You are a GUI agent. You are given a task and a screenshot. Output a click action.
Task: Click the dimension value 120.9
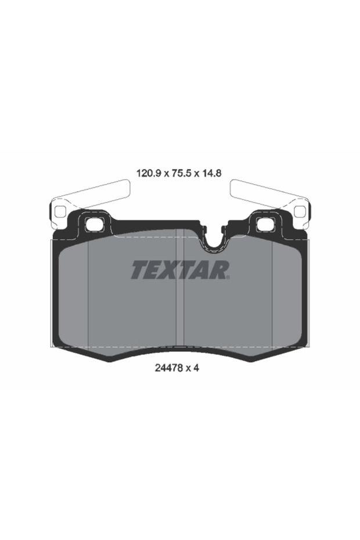coord(148,172)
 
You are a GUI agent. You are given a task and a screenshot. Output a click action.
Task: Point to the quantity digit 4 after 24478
coord(197,368)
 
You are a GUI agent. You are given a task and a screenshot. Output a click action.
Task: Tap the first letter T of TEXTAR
coord(139,269)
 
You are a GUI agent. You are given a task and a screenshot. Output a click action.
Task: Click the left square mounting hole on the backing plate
coord(93,224)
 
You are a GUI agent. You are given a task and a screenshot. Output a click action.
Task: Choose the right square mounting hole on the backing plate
coord(265,224)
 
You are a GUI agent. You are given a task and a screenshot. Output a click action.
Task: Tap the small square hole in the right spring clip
coord(300,211)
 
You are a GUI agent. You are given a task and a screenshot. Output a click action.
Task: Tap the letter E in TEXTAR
coord(152,269)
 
